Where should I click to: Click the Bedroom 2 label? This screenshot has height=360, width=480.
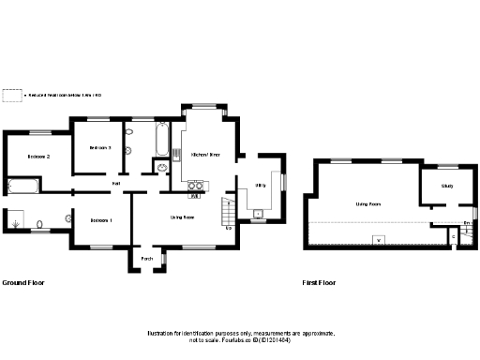tap(38, 156)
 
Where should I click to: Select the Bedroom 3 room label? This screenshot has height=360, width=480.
tap(100, 148)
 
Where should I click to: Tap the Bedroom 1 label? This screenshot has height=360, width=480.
tap(101, 220)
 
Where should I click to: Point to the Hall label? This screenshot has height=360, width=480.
tap(115, 183)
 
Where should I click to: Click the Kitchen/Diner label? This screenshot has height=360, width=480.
tap(205, 154)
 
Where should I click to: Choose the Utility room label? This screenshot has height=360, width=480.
tap(261, 187)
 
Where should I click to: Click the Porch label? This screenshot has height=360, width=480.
tap(147, 258)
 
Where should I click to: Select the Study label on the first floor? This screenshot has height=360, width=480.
tap(447, 186)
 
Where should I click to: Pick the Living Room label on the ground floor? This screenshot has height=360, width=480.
tap(182, 217)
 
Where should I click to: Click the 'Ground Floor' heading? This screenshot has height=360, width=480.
tap(23, 282)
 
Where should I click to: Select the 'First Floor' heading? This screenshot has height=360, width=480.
tap(319, 282)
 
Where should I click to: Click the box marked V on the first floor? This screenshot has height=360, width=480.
tap(378, 239)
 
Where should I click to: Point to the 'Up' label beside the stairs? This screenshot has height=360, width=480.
tap(229, 228)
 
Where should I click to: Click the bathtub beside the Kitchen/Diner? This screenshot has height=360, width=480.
tap(162, 141)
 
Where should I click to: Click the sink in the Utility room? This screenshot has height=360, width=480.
tap(258, 215)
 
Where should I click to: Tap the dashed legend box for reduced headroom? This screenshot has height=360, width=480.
tap(11, 95)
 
